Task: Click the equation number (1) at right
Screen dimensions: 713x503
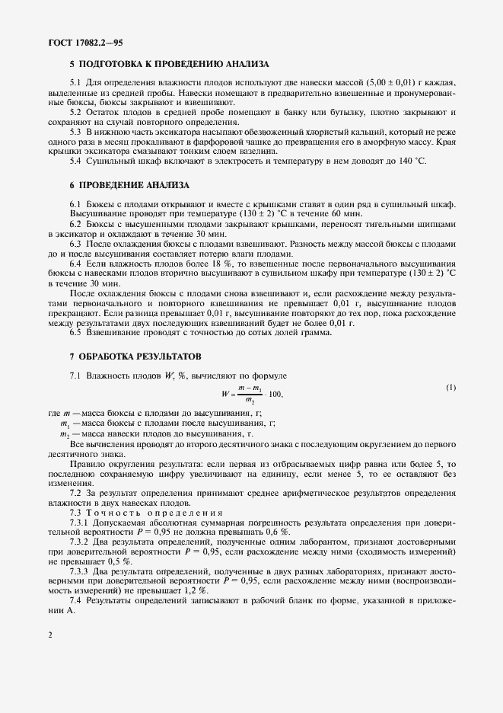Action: [x=451, y=388]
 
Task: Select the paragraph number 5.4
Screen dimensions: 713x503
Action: [x=76, y=161]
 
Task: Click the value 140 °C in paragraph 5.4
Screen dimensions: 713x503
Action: [x=415, y=161]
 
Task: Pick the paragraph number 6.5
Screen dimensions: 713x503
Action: [x=76, y=332]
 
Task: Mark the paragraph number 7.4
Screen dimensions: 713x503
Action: [x=76, y=600]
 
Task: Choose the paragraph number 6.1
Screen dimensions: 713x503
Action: [x=76, y=205]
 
